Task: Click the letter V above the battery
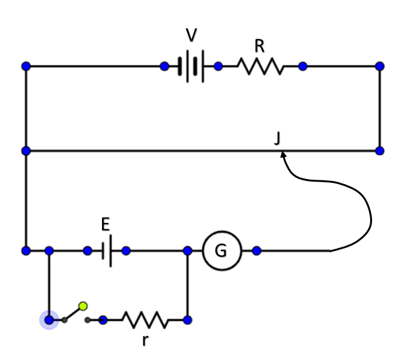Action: pyautogui.click(x=192, y=36)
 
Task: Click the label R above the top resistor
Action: pyautogui.click(x=260, y=46)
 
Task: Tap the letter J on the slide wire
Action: pyautogui.click(x=277, y=139)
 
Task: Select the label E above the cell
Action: pyautogui.click(x=105, y=225)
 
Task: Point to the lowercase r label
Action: pyautogui.click(x=145, y=341)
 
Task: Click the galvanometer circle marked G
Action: pyautogui.click(x=220, y=251)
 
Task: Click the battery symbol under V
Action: pyautogui.click(x=191, y=66)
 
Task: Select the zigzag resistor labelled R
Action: pyautogui.click(x=260, y=66)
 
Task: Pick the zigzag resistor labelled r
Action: pyautogui.click(x=145, y=320)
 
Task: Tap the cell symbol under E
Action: pyautogui.click(x=106, y=251)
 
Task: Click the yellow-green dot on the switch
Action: pyautogui.click(x=83, y=306)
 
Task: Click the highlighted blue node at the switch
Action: pyautogui.click(x=49, y=320)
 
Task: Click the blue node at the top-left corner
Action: pyautogui.click(x=26, y=66)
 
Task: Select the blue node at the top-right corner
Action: pyautogui.click(x=380, y=66)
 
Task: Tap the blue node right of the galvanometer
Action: pyautogui.click(x=256, y=251)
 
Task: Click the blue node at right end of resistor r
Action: pyautogui.click(x=187, y=320)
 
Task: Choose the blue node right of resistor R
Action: pyautogui.click(x=303, y=66)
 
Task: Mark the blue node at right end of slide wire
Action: pyautogui.click(x=380, y=151)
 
